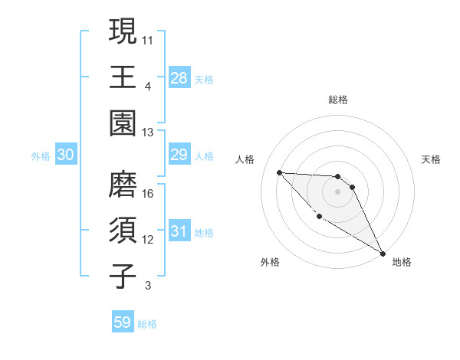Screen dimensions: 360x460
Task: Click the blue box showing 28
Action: [x=179, y=77]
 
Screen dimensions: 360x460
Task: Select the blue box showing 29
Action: [x=179, y=155]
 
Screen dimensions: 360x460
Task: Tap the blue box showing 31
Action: [x=179, y=231]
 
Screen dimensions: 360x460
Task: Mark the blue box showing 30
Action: [x=66, y=155]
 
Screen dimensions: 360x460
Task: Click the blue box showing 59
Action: [x=123, y=322]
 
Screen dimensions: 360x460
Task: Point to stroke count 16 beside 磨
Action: [x=149, y=194]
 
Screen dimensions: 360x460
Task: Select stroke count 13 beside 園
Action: [x=148, y=133]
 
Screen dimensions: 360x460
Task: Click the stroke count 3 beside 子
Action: [x=148, y=286]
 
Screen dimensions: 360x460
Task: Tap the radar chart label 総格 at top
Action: [x=338, y=100]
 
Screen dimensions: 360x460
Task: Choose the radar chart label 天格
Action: [x=431, y=159]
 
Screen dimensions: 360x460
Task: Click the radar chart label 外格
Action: [x=270, y=262]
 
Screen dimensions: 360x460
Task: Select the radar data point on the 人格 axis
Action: [x=279, y=172]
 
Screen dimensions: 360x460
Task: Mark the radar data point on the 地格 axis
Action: [x=383, y=254]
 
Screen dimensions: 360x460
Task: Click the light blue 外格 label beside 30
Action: [x=41, y=155]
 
